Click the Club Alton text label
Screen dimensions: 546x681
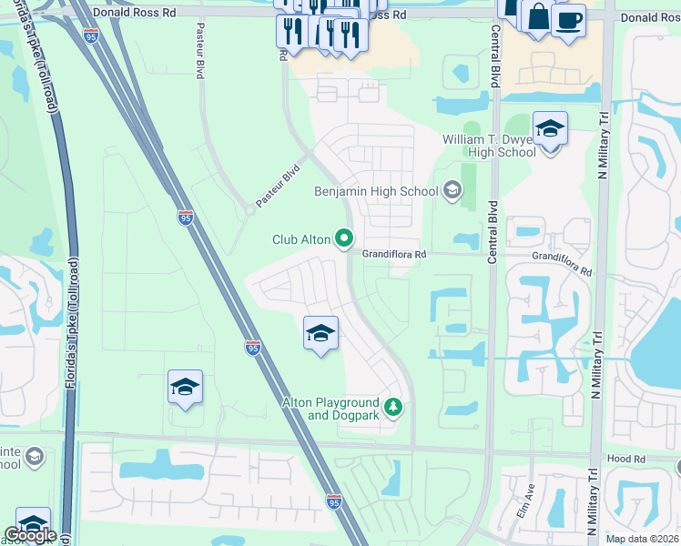pyautogui.click(x=300, y=239)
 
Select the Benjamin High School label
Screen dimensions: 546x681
pyautogui.click(x=376, y=191)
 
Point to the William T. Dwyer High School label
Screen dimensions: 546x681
pyautogui.click(x=489, y=146)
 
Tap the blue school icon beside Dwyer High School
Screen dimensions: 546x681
pyautogui.click(x=550, y=129)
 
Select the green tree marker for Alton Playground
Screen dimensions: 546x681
pyautogui.click(x=393, y=407)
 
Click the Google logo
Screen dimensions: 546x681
pyautogui.click(x=30, y=535)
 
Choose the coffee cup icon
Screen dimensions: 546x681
pyautogui.click(x=568, y=20)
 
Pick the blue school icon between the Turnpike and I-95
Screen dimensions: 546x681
pyautogui.click(x=185, y=388)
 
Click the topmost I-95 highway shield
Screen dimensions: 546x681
pyautogui.click(x=91, y=35)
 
